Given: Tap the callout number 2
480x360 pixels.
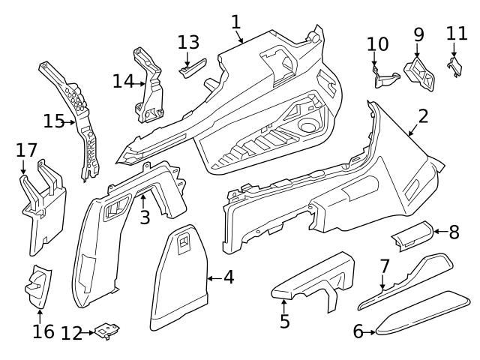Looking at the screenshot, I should point(423,116).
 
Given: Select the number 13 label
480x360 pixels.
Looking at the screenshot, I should point(189,42).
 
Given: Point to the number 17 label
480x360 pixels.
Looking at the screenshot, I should point(26,151).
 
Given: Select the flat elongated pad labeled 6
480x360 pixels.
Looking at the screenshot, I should point(424,310).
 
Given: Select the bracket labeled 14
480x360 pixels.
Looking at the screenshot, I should point(150,86).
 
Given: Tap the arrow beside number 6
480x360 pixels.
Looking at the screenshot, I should point(370,331).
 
